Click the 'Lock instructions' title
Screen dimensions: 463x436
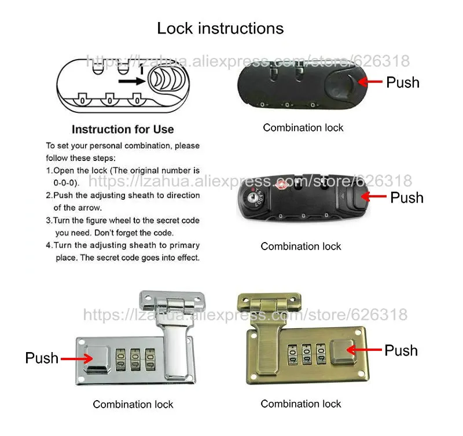[221, 28]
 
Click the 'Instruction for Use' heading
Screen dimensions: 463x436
[123, 129]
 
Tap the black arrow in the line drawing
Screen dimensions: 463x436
[132, 81]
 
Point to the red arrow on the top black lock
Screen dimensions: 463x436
[370, 82]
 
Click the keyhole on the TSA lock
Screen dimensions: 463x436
[252, 197]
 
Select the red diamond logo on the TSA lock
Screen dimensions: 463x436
[281, 185]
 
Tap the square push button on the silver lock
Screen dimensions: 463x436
[97, 358]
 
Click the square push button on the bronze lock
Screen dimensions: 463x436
[342, 352]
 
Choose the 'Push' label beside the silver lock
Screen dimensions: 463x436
[42, 358]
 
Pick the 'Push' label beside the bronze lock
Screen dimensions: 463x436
[401, 351]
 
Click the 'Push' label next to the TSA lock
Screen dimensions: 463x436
[407, 197]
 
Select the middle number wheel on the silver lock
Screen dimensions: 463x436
[135, 359]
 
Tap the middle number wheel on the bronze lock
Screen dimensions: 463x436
[307, 354]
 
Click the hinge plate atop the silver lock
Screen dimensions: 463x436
[172, 301]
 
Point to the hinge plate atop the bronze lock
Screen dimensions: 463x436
[269, 302]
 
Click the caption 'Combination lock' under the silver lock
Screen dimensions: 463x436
[133, 404]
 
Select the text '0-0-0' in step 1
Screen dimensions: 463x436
[66, 183]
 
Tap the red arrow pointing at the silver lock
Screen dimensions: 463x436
[77, 359]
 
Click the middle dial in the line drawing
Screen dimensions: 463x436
[109, 100]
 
